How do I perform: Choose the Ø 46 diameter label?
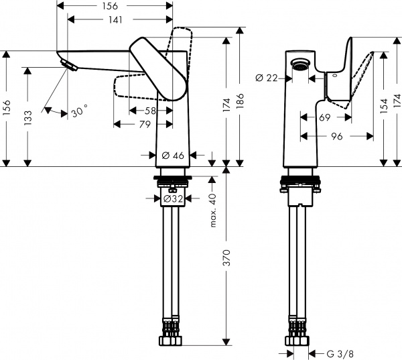point(174,156)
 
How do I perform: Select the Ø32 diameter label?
point(174,198)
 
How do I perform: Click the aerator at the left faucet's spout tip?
point(68,64)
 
